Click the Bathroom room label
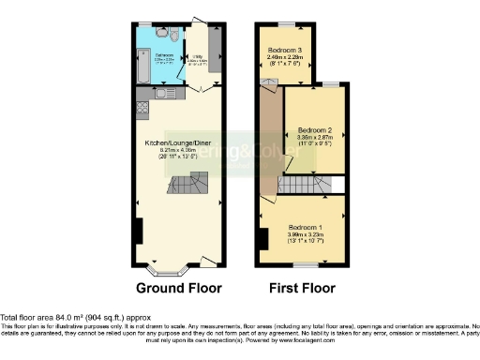pyautogui.click(x=164, y=55)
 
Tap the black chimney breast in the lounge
pyautogui.click(x=138, y=231)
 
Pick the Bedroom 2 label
pyautogui.click(x=317, y=130)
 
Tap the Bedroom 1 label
pyautogui.click(x=307, y=228)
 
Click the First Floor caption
pyautogui.click(x=302, y=288)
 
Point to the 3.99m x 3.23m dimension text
pyautogui.click(x=307, y=234)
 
